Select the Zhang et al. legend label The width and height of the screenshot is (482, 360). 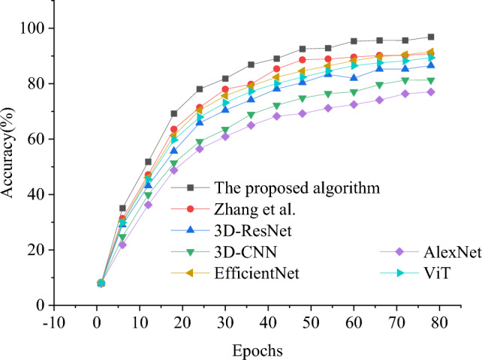pyautogui.click(x=255, y=208)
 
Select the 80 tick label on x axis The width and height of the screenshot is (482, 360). pyautogui.click(x=439, y=324)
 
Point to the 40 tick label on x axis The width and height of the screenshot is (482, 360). pyautogui.click(x=269, y=324)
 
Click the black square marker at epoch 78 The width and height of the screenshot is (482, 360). pyautogui.click(x=431, y=37)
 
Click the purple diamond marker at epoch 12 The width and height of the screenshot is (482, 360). pyautogui.click(x=148, y=205)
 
